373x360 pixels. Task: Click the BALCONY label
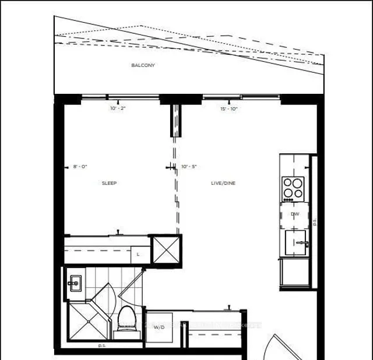click(143, 65)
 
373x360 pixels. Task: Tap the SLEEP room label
click(109, 183)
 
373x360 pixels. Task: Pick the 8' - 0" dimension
click(79, 167)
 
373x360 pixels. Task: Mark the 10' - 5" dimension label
click(189, 167)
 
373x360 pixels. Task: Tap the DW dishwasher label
click(295, 214)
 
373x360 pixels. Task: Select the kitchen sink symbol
click(297, 242)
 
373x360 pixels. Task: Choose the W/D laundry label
click(159, 327)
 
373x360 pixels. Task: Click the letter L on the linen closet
click(138, 254)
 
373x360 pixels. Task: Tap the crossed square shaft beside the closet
click(165, 250)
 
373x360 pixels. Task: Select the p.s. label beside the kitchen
click(314, 221)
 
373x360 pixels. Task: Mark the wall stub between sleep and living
click(173, 119)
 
